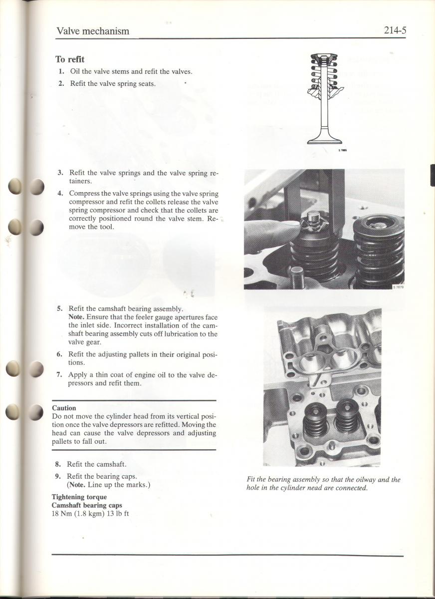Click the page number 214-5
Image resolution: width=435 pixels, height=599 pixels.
[x=395, y=30]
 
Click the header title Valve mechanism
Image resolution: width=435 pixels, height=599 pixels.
[x=93, y=31]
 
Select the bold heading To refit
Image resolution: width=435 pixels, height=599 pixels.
[x=69, y=59]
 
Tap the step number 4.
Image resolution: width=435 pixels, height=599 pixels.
[x=60, y=193]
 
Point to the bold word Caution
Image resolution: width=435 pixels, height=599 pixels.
[x=64, y=408]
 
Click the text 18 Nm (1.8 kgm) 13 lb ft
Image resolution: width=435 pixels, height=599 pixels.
[x=90, y=513]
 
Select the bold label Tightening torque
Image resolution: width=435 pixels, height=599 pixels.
[x=79, y=497]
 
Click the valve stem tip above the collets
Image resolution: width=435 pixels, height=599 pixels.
[x=313, y=216]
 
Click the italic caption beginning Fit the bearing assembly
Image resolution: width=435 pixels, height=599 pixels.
[x=323, y=484]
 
